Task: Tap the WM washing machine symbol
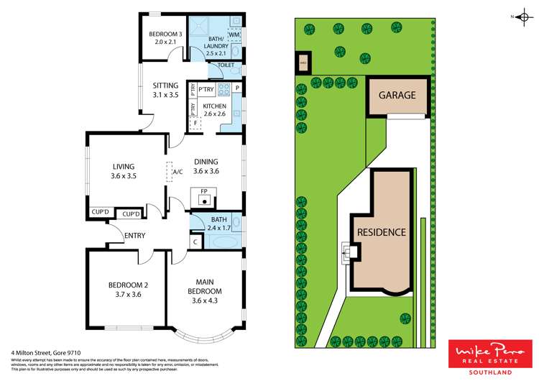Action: [234, 35]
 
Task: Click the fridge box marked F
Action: [195, 123]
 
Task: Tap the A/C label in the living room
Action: [177, 172]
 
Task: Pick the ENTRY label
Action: [134, 235]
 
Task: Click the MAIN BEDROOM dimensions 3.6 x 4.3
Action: [206, 300]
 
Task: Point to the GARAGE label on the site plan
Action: [398, 95]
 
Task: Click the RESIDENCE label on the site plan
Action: [382, 232]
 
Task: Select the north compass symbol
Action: [519, 16]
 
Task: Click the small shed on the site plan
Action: [303, 61]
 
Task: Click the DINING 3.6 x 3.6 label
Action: [206, 167]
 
